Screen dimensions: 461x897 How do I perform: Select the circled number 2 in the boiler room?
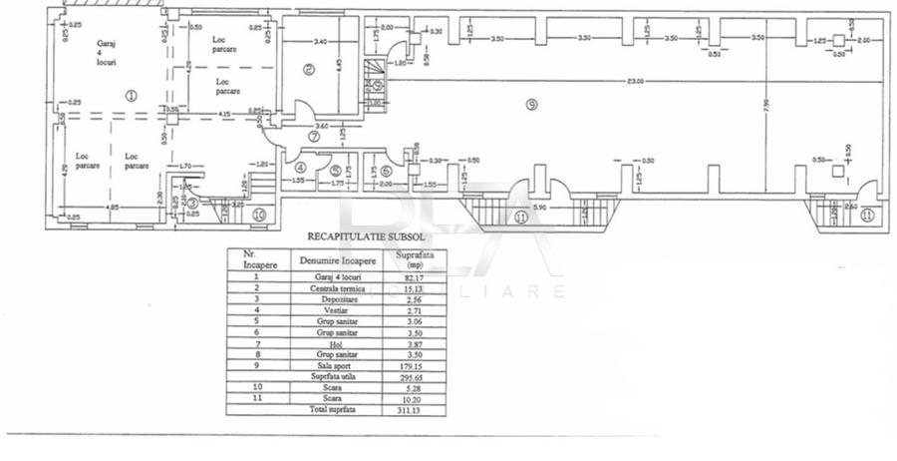pos(309,69)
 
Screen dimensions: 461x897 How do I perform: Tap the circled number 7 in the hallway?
pos(313,137)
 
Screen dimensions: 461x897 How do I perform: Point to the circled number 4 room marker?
pos(301,168)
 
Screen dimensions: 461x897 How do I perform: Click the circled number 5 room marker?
pos(336,170)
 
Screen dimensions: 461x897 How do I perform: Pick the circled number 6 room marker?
pos(386,170)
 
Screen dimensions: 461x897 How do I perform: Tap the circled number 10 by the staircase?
pos(259,214)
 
